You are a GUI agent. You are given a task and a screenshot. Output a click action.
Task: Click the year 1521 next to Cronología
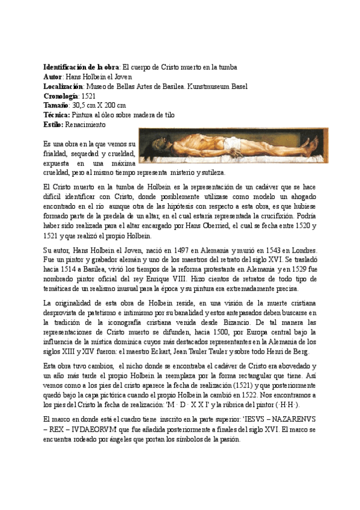pyautogui.click(x=88, y=96)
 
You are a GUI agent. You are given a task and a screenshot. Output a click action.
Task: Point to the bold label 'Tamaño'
pyautogui.click(x=57, y=105)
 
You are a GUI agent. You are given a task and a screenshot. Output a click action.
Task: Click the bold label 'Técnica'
pyautogui.click(x=58, y=115)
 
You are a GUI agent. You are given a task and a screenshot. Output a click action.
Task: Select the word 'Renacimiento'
pyautogui.click(x=87, y=124)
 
